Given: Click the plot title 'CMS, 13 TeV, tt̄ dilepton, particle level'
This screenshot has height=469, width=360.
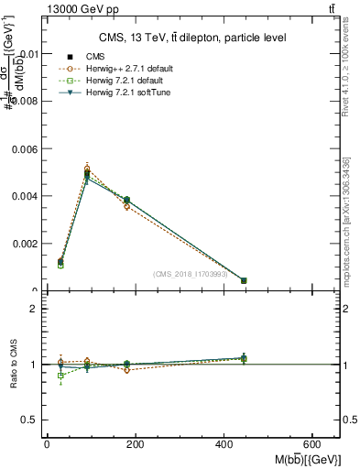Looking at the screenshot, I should pyautogui.click(x=191, y=38).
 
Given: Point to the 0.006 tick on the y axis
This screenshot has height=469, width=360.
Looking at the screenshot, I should pyautogui.click(x=27, y=148).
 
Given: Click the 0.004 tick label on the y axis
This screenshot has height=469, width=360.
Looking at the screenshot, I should pyautogui.click(x=27, y=196).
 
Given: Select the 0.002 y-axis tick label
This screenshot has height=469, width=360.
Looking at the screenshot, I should pyautogui.click(x=27, y=244).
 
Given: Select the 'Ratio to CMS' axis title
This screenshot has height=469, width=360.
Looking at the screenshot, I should pyautogui.click(x=14, y=365).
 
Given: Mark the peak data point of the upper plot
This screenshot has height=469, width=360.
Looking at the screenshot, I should pyautogui.click(x=87, y=173).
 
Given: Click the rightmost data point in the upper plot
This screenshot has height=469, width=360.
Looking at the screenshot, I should pyautogui.click(x=244, y=280).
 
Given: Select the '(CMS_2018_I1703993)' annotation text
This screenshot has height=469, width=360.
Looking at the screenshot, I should pyautogui.click(x=191, y=273).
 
